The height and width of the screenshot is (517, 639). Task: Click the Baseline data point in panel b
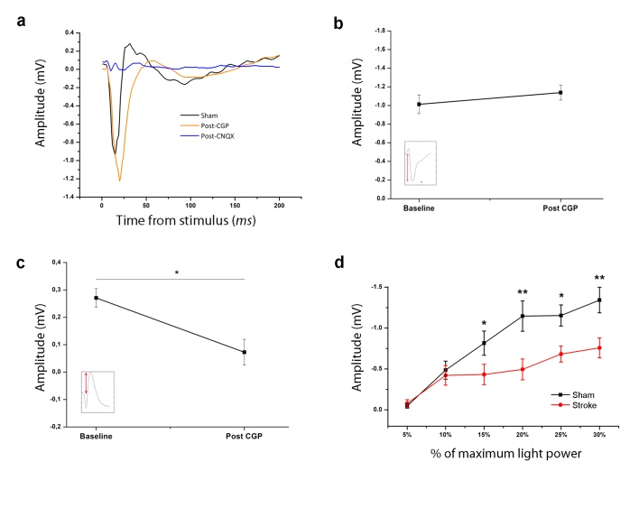(419, 104)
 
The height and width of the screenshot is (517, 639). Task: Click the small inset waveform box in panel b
(421, 163)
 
